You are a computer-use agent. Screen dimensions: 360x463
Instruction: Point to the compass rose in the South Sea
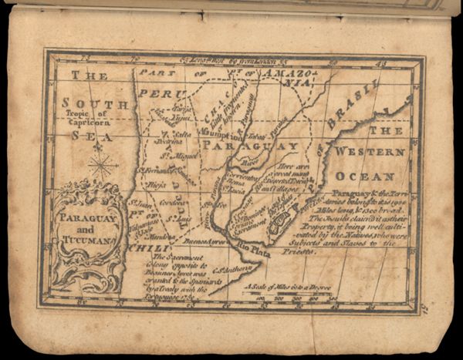[x=103, y=164]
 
